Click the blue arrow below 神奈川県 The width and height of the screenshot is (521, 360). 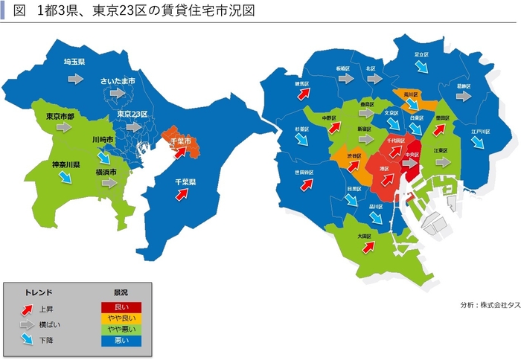[x=65, y=177]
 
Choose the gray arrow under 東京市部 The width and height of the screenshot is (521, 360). [x=63, y=128]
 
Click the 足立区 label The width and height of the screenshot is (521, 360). [x=422, y=54]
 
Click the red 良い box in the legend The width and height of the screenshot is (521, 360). [x=121, y=306]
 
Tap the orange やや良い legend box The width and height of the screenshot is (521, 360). [x=121, y=318]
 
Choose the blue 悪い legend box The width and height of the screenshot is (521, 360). [x=121, y=340]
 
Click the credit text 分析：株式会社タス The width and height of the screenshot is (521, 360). [x=489, y=305]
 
